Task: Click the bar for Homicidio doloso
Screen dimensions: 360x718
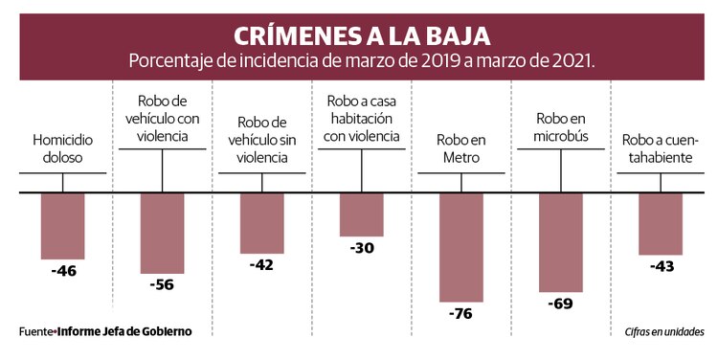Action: [63, 226]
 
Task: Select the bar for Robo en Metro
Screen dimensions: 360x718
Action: [460, 247]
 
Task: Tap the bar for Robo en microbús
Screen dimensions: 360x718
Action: [561, 242]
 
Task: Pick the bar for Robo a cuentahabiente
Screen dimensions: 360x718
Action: [661, 224]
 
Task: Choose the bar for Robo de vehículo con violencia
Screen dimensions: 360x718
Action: [162, 234]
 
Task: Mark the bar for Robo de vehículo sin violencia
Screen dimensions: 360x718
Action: [262, 223]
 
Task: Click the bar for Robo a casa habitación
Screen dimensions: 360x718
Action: [361, 214]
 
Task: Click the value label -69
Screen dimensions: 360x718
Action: [561, 304]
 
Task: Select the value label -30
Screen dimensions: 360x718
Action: [361, 248]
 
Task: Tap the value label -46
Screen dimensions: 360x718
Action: [63, 271]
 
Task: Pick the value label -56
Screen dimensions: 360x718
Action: [162, 284]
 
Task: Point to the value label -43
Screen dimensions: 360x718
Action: [661, 266]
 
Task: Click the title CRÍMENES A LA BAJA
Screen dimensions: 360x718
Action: [362, 35]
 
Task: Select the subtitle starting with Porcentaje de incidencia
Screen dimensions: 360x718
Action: [362, 60]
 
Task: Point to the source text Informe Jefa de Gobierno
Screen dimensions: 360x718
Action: [124, 331]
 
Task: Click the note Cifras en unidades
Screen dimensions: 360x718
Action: [659, 331]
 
